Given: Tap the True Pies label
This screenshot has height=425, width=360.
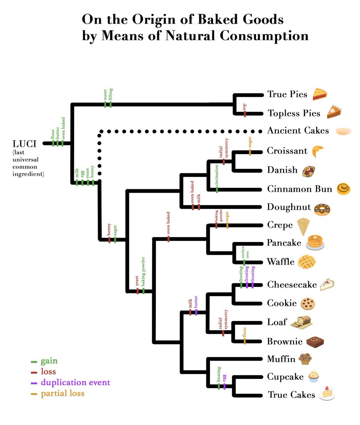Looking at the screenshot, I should click(287, 94).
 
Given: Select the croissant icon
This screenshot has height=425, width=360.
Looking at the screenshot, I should click(317, 151).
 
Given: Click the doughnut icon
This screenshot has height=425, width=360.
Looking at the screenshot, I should click(322, 209).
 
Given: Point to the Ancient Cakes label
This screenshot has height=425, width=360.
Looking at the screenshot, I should click(298, 131).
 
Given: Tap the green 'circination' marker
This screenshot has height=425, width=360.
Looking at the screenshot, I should click(217, 189).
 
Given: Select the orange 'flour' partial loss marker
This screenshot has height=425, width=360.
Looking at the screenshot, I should click(244, 341).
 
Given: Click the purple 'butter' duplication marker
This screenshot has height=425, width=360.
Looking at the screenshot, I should click(196, 312).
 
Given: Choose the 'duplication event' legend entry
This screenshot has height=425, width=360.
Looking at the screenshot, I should click(75, 383).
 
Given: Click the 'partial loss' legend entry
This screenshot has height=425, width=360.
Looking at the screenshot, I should click(62, 393).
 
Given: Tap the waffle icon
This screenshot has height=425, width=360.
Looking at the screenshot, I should click(307, 262).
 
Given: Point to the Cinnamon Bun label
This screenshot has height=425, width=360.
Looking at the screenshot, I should click(299, 189).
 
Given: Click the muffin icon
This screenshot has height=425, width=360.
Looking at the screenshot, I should click(305, 359).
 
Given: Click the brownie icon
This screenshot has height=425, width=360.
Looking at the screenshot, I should click(315, 341).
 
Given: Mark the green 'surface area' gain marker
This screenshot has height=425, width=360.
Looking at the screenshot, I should click(244, 262).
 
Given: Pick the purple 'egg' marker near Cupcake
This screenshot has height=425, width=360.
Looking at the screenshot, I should click(224, 386).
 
